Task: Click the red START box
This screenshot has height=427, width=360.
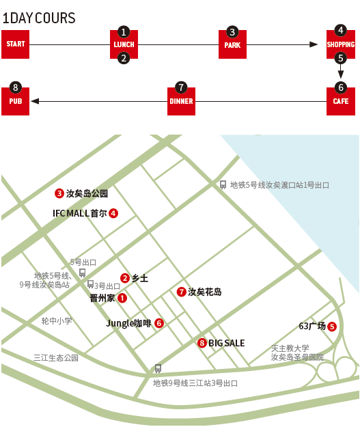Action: pos(15,44)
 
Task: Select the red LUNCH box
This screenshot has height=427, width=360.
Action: pos(124,44)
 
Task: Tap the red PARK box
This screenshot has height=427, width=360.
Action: pos(232,44)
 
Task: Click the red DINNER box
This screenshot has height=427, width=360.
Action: pos(181,101)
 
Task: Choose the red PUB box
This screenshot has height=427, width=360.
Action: pos(15,101)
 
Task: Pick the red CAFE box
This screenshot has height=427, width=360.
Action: pos(341,101)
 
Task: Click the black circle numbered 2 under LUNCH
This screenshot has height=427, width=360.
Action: pos(124,58)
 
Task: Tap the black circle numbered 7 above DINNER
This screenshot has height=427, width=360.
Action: pos(181,87)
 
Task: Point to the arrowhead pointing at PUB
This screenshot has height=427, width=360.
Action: pos(35,101)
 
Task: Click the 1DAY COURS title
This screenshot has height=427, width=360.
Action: pos(39,18)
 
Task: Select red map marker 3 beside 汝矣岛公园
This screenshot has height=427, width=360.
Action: pos(59,193)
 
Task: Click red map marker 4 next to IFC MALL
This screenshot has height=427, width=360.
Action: pos(113,213)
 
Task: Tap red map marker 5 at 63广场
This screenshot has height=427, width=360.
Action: pos(332,327)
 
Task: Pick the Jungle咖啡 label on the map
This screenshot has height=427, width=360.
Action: pos(128,323)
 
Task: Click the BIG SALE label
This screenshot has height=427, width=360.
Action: pos(226,343)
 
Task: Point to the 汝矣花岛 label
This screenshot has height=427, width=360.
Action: pos(204,292)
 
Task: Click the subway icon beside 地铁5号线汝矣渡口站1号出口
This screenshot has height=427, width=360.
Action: pos(223,184)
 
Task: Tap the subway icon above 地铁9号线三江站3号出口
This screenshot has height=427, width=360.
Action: pos(158,368)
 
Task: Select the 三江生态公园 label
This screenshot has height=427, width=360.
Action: pos(56,357)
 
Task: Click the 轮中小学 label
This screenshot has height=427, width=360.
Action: pos(57,321)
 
